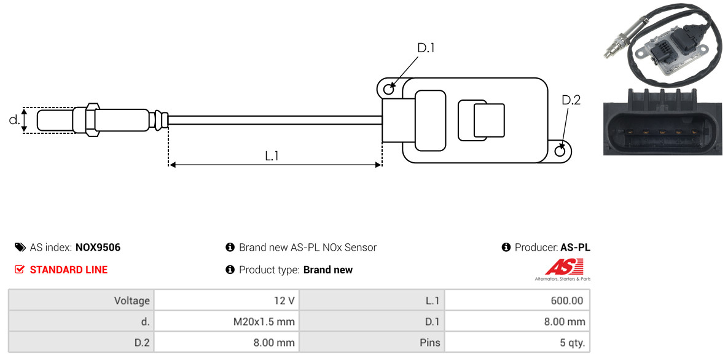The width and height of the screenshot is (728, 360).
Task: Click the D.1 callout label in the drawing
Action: [426, 48]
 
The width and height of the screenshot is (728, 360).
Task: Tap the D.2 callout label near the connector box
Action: [571, 100]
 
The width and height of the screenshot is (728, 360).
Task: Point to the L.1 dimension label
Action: [272, 156]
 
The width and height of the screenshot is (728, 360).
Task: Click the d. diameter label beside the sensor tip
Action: [14, 120]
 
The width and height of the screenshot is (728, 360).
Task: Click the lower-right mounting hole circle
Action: [561, 151]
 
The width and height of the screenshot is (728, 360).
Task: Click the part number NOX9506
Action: [98, 248]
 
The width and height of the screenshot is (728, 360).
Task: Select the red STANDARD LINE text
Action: [69, 270]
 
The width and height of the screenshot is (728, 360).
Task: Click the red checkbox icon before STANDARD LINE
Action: [19, 270]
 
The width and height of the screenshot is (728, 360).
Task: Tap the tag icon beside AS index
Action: [20, 247]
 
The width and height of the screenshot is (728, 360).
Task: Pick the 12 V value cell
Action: [227, 300]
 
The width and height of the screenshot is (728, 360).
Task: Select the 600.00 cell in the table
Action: [517, 300]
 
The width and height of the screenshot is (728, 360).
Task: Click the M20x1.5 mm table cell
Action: [227, 321]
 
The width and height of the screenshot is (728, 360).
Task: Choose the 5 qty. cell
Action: [517, 343]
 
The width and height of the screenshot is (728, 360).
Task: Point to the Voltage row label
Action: [81, 300]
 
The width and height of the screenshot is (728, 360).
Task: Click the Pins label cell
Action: [372, 343]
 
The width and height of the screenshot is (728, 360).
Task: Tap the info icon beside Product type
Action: [230, 270]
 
